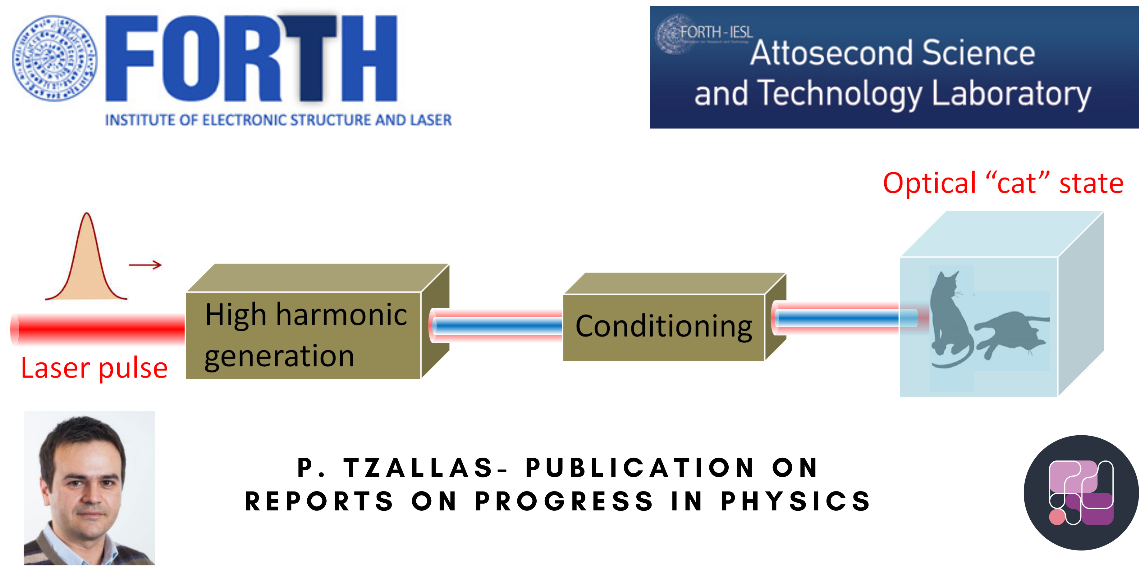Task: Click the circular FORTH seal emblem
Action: click(x=54, y=58)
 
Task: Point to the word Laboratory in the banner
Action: click(x=1011, y=94)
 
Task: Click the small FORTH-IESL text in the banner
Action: click(x=716, y=32)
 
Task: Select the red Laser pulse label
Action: click(x=94, y=369)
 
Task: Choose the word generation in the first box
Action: click(x=279, y=356)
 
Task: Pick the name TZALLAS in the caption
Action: click(x=418, y=468)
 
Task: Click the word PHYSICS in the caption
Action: click(x=796, y=502)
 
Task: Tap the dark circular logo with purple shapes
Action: click(x=1081, y=493)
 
